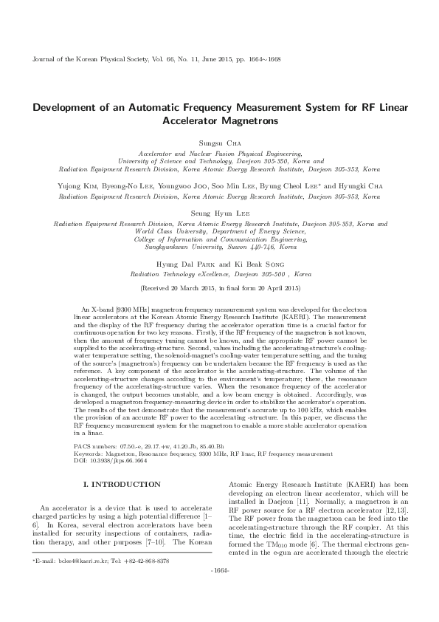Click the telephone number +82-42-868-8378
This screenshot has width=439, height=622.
click(x=148, y=581)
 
